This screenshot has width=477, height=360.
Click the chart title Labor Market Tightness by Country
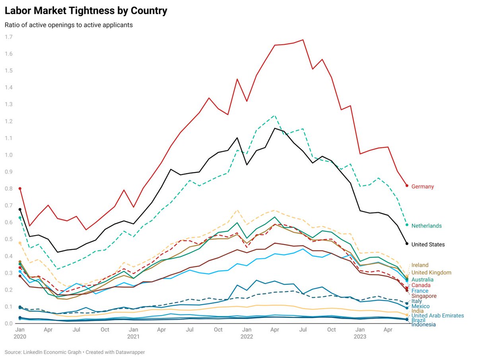point(86,11)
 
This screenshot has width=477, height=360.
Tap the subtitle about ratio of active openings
point(68,25)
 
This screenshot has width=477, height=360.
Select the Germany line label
point(423,186)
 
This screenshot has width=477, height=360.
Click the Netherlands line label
point(426,226)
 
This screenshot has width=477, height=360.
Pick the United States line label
point(428,245)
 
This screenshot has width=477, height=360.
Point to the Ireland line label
point(420,265)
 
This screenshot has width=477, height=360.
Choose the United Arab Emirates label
point(437,315)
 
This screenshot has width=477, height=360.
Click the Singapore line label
point(424,296)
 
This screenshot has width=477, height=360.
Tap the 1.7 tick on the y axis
point(8,37)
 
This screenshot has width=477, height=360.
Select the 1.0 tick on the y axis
point(8,155)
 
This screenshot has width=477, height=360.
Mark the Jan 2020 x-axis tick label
point(20,333)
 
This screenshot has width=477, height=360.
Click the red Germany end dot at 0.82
point(407,186)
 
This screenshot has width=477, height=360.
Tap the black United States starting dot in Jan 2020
point(20,209)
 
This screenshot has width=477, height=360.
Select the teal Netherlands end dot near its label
point(407,225)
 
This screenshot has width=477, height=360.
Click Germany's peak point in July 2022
point(303,40)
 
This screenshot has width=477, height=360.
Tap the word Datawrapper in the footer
point(131,352)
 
